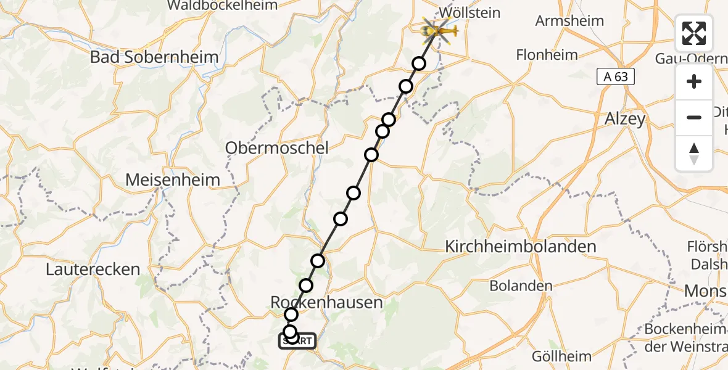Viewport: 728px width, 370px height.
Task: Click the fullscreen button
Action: point(694,33)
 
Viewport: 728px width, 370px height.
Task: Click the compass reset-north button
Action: point(694,154)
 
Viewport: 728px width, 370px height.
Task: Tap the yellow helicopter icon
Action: point(439,30)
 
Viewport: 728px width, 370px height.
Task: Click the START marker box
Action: point(298,341)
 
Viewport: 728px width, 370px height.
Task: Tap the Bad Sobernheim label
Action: point(154,57)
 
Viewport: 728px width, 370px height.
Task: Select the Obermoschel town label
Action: point(277,148)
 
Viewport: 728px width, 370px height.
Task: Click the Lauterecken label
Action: point(93,269)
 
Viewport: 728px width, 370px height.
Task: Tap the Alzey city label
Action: point(626,119)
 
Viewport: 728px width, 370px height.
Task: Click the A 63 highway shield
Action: point(615,76)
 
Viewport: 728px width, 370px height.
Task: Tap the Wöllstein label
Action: point(469,13)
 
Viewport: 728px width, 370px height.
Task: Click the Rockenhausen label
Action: point(327,302)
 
